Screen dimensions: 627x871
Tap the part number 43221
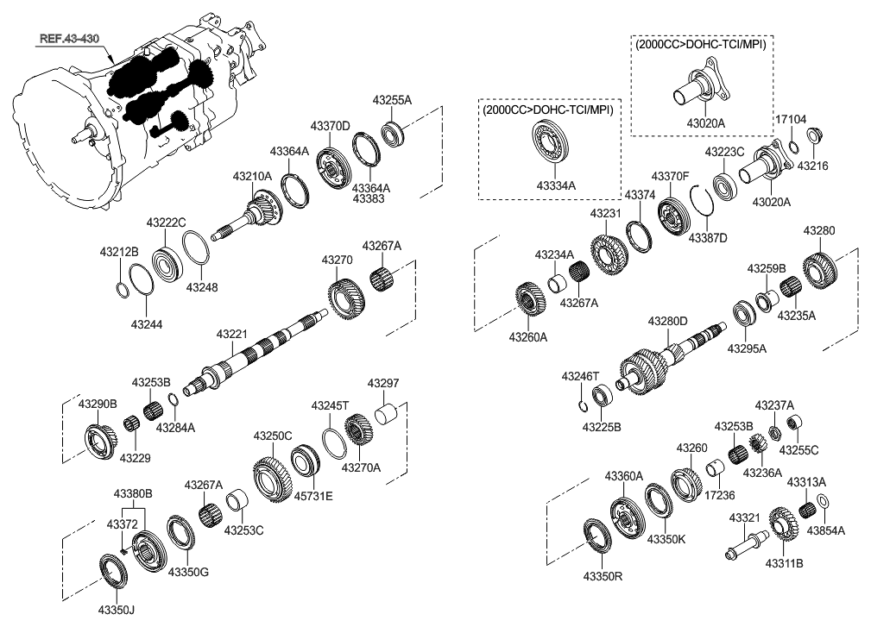231,333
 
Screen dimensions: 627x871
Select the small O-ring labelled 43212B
123,287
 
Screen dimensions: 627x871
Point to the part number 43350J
117,611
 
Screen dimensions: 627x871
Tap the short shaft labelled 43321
745,544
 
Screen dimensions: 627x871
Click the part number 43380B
133,493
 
